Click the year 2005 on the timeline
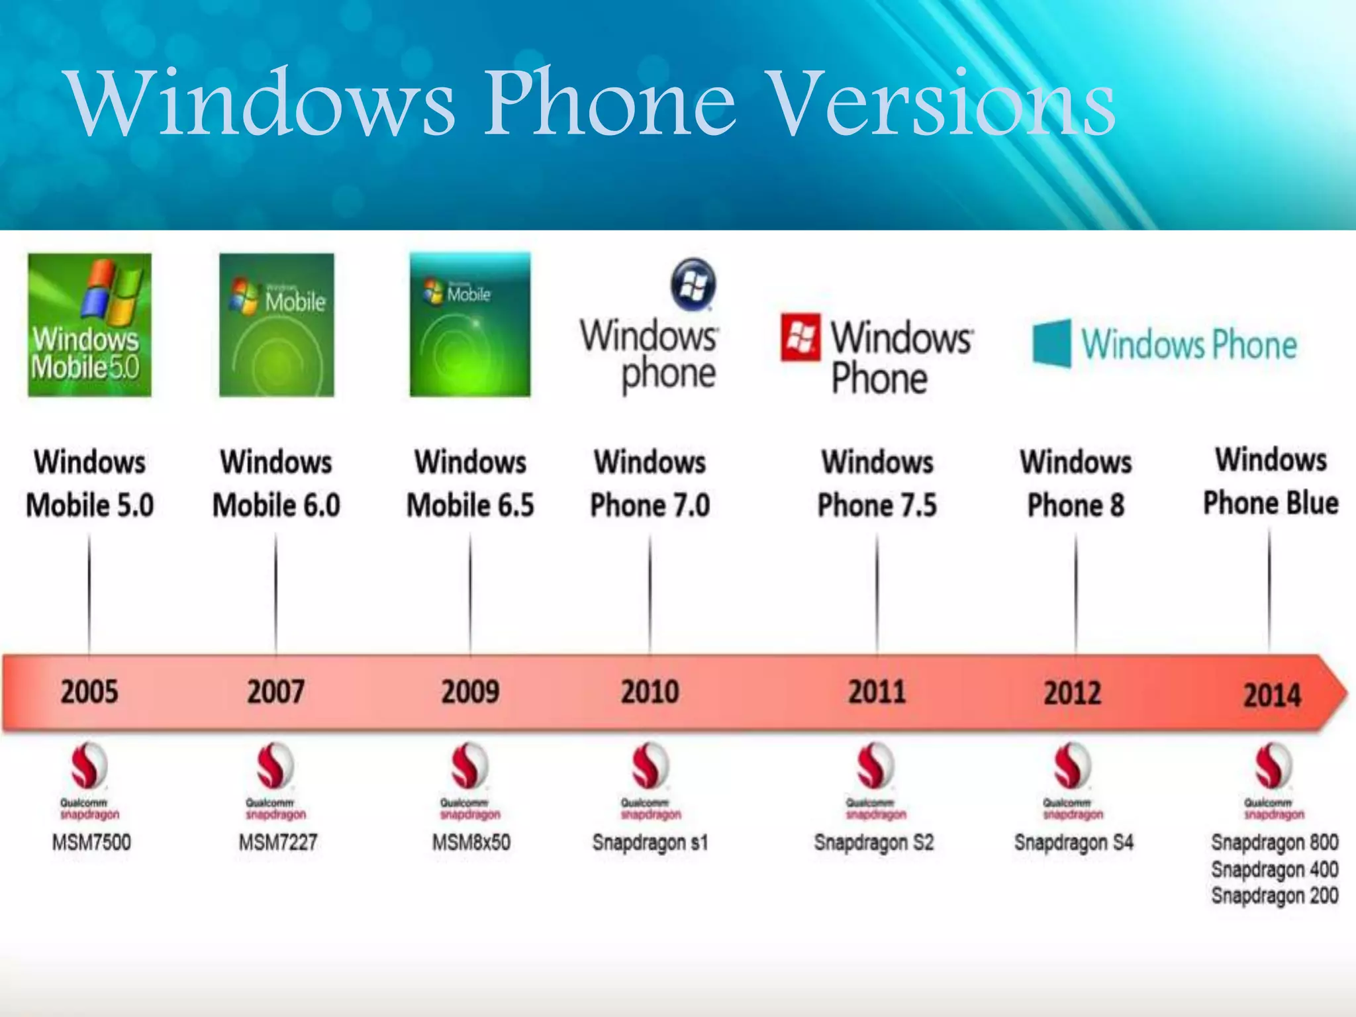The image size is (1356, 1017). click(x=89, y=692)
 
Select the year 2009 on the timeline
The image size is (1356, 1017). click(x=470, y=692)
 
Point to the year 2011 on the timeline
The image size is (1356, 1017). click(x=877, y=692)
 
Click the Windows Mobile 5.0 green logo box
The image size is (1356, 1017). click(x=89, y=325)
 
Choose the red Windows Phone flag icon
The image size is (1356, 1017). click(x=800, y=338)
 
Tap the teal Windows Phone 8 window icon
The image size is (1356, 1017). click(x=1051, y=343)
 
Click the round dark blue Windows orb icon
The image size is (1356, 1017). click(x=693, y=284)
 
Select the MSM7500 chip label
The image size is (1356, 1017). click(x=91, y=842)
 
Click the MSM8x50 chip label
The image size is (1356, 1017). click(x=471, y=842)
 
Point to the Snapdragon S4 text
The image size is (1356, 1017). click(x=1073, y=842)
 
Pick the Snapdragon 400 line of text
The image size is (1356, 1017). click(x=1275, y=869)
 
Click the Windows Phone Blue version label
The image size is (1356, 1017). click(x=1271, y=481)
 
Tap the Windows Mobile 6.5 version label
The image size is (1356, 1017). click(x=470, y=483)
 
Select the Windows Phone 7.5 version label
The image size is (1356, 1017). click(x=877, y=483)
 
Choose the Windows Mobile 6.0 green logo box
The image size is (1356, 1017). click(x=277, y=325)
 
